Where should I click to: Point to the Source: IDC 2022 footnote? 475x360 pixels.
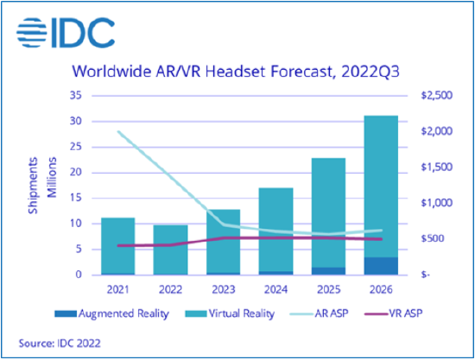pos(59,342)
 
